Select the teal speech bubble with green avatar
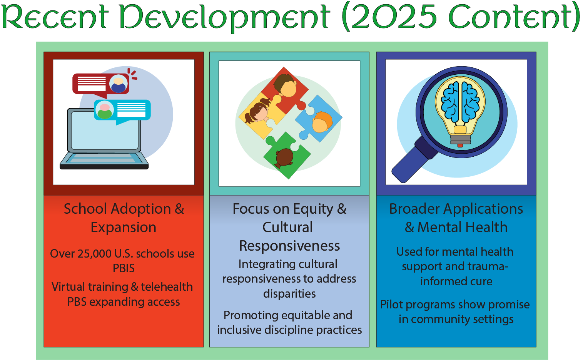tap(122, 111)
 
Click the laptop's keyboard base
tap(104, 161)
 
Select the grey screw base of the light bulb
tap(460, 139)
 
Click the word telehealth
tap(167, 287)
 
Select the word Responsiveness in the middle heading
tap(289, 246)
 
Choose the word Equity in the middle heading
tap(313, 209)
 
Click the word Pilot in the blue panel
tap(391, 305)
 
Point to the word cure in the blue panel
tap(481, 282)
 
